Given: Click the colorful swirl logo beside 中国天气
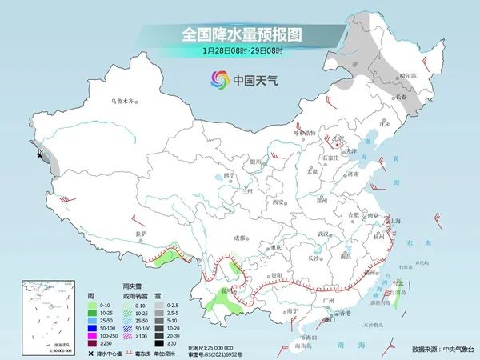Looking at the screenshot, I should (218, 79).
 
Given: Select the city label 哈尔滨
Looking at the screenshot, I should (408, 75).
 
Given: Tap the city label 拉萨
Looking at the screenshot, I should (141, 233).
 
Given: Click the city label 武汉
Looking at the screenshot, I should (323, 233).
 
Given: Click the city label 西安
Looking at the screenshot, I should (278, 202).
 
